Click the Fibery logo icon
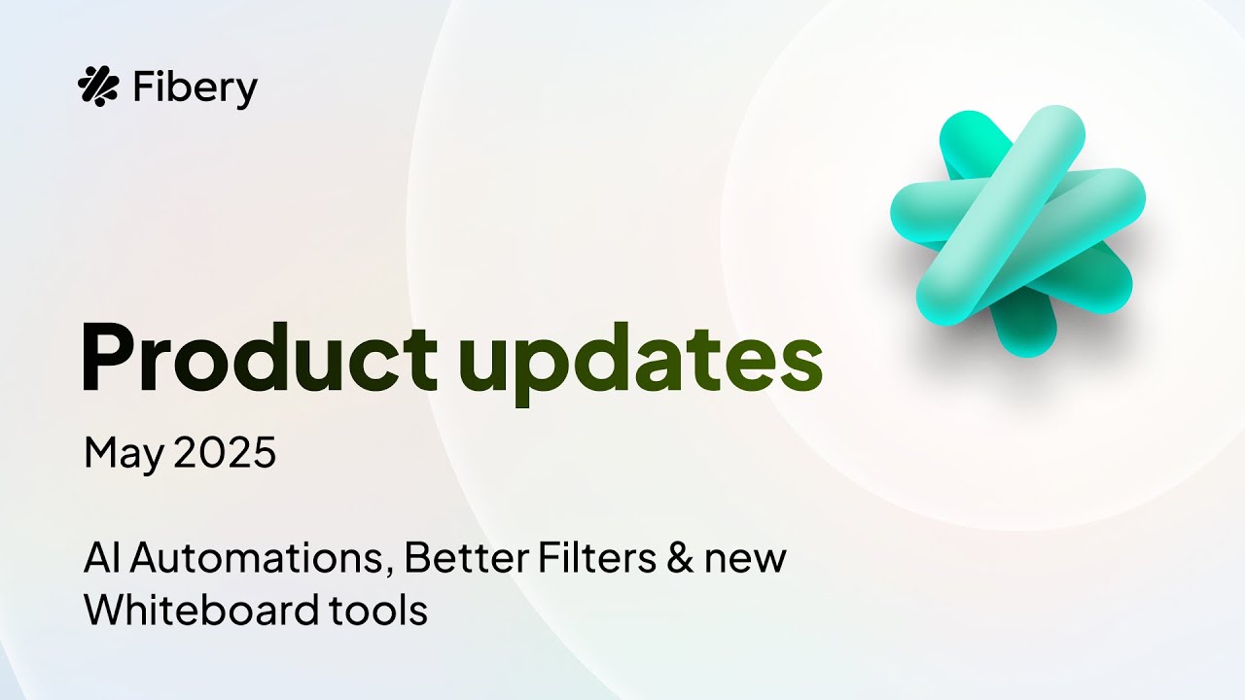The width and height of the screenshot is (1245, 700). (x=97, y=87)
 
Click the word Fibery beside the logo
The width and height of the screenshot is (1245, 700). (x=194, y=88)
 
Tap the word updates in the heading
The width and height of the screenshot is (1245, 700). (x=640, y=360)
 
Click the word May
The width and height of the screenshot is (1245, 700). (x=124, y=454)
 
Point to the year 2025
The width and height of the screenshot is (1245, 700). (x=225, y=453)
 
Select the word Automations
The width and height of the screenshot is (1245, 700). (x=259, y=559)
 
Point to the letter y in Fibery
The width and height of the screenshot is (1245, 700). (x=247, y=92)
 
